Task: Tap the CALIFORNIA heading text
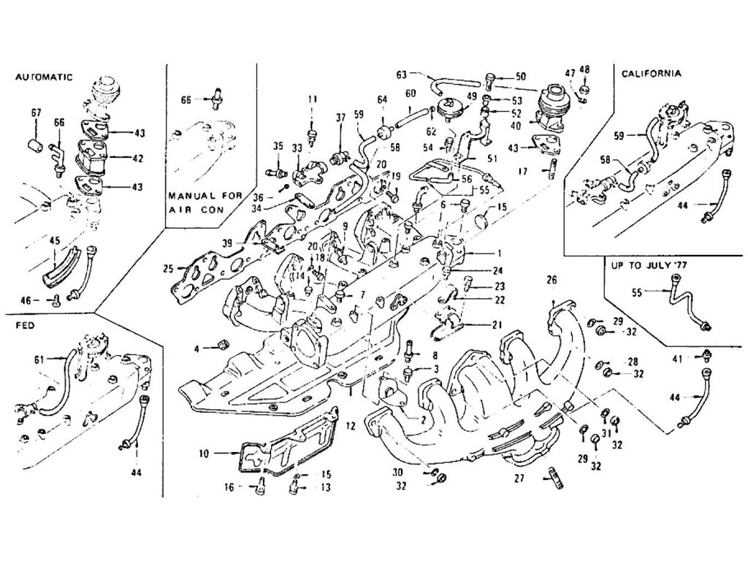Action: pos(652,74)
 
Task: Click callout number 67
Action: pos(36,112)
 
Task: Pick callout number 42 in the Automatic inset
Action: pos(139,157)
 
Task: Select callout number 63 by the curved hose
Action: pos(401,74)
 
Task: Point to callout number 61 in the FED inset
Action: pos(39,360)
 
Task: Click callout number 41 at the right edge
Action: pos(676,358)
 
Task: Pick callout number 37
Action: pos(340,117)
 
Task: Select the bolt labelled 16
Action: pos(259,486)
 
